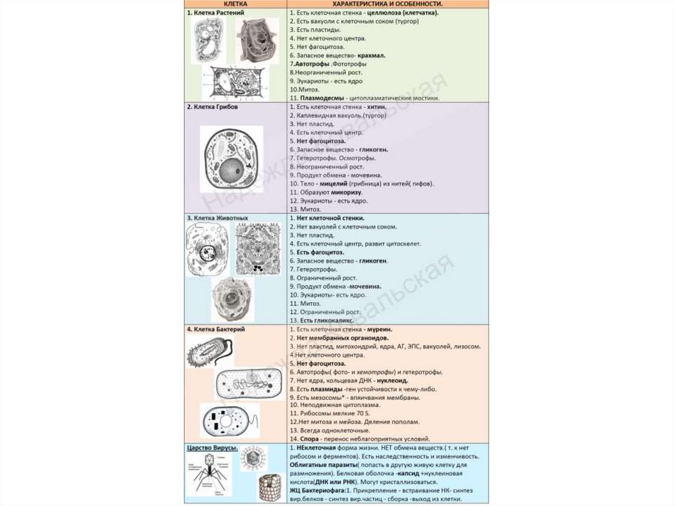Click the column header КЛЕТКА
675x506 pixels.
point(235,4)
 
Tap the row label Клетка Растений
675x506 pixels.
point(212,13)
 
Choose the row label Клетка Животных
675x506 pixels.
point(216,218)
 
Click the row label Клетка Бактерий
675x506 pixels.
point(215,329)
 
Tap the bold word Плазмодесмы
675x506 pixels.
point(315,98)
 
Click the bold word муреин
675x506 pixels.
point(380,329)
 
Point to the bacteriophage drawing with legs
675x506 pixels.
point(210,476)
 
